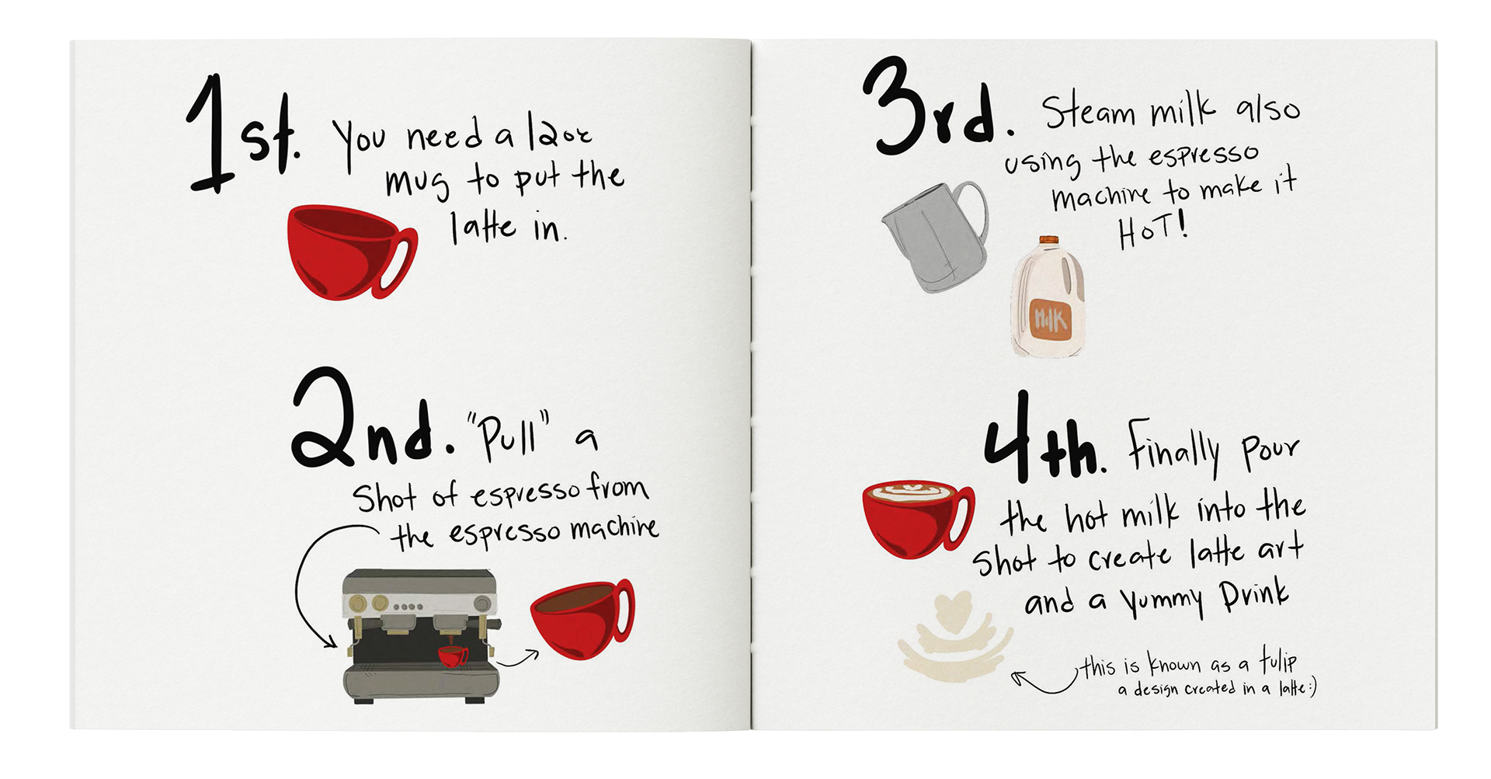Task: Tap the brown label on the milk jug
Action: coord(1050,319)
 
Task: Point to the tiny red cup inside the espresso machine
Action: coord(452,656)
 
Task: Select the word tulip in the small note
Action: coord(1277,661)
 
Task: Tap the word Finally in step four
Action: coord(1173,449)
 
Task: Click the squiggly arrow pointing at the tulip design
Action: coord(1044,683)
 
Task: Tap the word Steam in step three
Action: coord(1087,113)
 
